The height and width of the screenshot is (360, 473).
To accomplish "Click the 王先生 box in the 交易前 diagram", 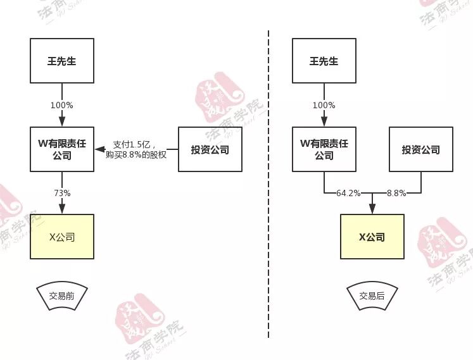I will tap(62, 61).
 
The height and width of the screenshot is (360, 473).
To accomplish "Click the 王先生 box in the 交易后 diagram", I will tap(324, 61).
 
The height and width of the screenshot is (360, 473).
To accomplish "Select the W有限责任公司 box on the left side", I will tap(62, 149).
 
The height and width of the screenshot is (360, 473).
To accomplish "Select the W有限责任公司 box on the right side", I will tap(324, 149).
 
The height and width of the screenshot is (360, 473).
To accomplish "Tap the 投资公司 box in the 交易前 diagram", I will tap(210, 149).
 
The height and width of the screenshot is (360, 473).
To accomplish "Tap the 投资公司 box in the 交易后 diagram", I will tap(420, 149).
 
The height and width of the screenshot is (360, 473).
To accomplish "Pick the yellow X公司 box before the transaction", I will tap(62, 237).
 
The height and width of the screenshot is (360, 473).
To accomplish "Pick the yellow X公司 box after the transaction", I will tap(372, 237).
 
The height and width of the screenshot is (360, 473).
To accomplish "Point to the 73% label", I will tap(62, 193).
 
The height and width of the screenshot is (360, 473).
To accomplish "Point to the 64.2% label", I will tap(348, 193).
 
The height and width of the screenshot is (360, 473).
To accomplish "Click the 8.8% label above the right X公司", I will tap(397, 193).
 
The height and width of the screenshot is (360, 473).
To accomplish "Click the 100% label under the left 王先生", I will tap(62, 105).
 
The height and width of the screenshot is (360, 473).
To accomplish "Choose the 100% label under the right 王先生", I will tap(324, 105).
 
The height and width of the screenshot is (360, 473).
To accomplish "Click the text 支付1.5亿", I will tap(134, 144).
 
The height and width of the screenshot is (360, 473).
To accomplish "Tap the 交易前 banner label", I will tap(62, 295).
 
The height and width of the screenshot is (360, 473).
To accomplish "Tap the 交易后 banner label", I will tap(372, 295).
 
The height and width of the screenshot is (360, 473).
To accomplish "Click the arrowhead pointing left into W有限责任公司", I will tap(98, 149).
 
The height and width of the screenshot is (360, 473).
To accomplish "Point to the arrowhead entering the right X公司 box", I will tap(372, 210).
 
